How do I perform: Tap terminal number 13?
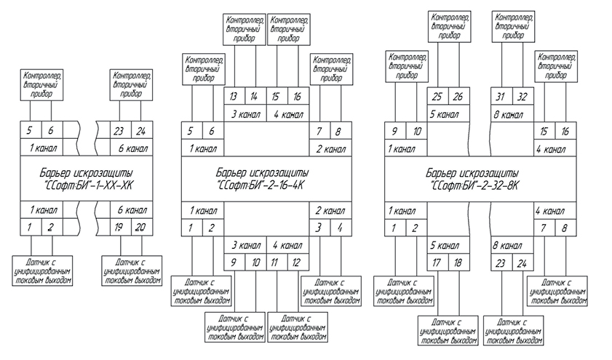(234, 97)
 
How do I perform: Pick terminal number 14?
(255, 97)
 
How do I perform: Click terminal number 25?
(437, 97)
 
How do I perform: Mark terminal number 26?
(458, 97)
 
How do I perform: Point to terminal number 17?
(437, 262)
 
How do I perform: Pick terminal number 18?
(458, 262)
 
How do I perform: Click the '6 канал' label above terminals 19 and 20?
(131, 210)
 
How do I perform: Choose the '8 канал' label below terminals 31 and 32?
(507, 114)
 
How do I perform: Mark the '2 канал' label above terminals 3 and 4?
(331, 210)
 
